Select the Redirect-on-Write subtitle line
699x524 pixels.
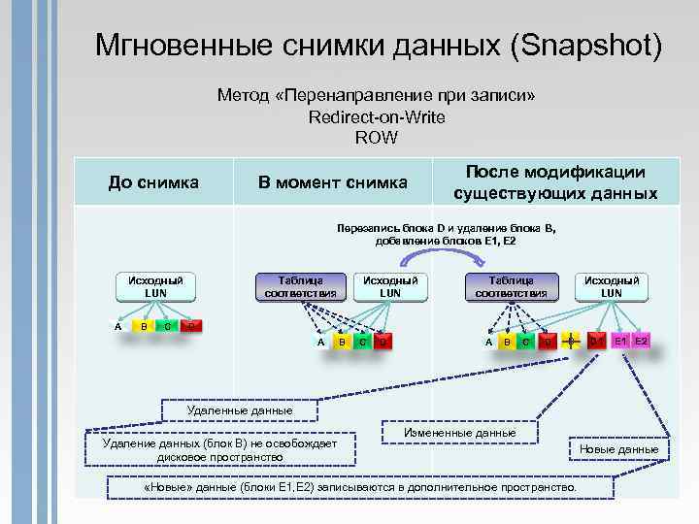tap(376, 116)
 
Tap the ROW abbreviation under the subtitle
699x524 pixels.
tap(376, 137)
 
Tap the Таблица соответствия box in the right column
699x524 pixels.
tap(511, 286)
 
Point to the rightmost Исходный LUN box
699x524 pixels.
tap(612, 286)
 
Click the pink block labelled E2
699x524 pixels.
tap(642, 341)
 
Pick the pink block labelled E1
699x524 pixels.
tap(618, 341)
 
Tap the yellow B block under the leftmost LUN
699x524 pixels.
tap(144, 326)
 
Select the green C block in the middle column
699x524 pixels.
tap(362, 342)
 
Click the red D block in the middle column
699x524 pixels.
tap(383, 342)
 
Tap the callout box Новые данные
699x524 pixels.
tap(618, 448)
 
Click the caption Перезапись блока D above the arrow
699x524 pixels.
tap(447, 229)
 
